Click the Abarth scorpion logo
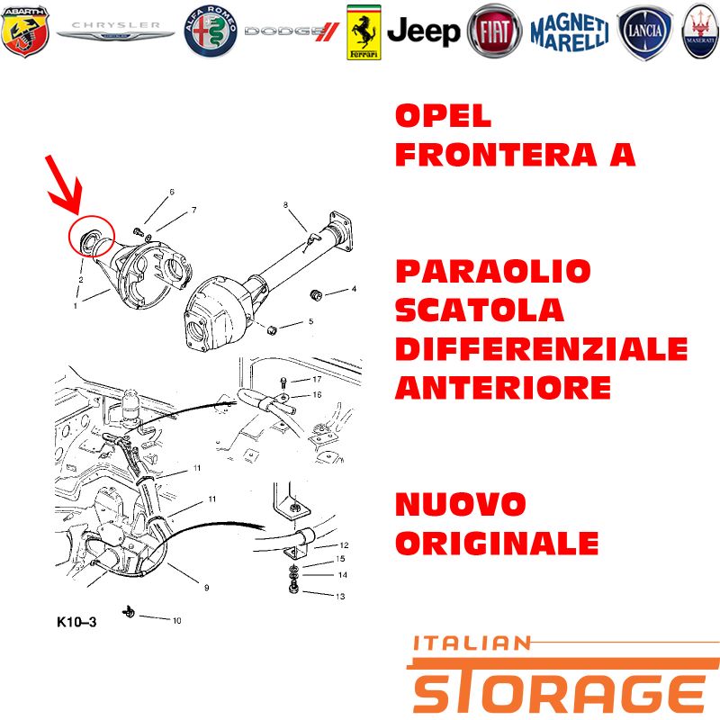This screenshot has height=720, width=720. (25, 31)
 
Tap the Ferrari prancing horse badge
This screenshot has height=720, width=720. (364, 32)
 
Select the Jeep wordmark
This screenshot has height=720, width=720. (423, 31)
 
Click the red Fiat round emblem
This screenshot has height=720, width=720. (494, 31)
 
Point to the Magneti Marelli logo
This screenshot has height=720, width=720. (570, 32)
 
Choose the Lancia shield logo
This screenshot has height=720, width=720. (644, 32)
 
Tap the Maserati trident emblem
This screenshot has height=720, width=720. (701, 31)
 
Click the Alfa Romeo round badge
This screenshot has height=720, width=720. (211, 31)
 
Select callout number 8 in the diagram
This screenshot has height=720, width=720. (285, 205)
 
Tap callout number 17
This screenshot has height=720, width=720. (317, 379)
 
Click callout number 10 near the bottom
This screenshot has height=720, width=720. (176, 621)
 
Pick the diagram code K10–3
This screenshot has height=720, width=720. (76, 622)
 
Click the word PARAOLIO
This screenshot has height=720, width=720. (492, 271)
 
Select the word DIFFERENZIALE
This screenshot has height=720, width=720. (542, 349)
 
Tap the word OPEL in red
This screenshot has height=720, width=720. (443, 116)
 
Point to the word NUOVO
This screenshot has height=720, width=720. (461, 504)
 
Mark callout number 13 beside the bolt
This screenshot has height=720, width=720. (340, 597)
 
